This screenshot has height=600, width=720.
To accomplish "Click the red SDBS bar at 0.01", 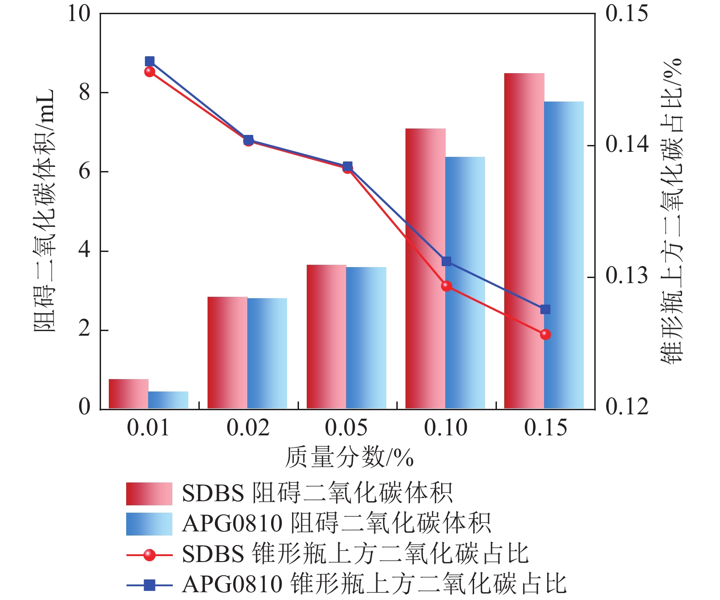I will pos(128,394).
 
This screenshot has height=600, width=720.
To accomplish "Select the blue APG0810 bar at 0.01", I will pos(168,400).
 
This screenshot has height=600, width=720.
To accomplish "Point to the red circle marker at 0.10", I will pos(447,286).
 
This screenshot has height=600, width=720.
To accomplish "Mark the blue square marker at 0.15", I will pos(545,310).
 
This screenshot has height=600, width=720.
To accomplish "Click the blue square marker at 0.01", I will pos(149,61).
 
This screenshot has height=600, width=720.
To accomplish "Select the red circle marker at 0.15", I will pos(545,335).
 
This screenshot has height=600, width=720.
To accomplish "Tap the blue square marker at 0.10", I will pos(447,262).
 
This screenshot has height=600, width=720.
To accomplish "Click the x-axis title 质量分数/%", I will pos(349,457).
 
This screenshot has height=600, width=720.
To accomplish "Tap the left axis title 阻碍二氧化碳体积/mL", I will pos(44,210).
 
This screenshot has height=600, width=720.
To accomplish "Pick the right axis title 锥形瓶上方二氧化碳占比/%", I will pos(672,210).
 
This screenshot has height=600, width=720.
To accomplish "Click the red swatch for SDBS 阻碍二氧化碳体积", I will pos(149,493).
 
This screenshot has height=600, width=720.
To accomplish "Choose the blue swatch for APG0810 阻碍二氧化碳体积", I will pos(149,524).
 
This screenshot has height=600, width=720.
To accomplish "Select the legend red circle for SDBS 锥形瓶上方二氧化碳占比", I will pos(149,555).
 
